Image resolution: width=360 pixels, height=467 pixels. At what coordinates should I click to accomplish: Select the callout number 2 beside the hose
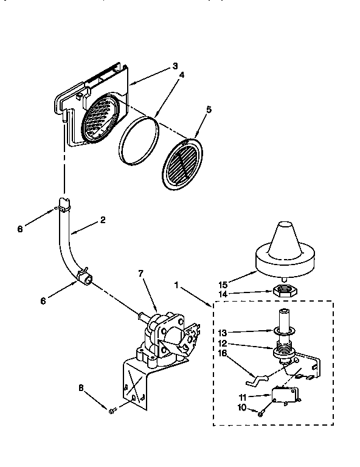tap(102, 220)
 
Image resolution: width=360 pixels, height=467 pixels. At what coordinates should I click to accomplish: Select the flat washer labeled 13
tap(283, 330)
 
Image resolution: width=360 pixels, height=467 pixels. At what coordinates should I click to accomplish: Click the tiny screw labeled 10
tap(261, 412)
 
